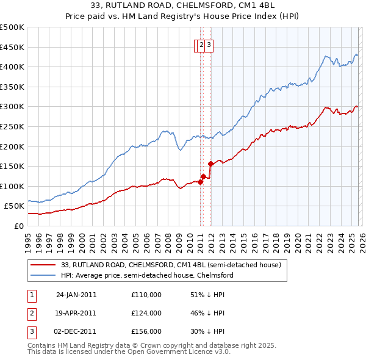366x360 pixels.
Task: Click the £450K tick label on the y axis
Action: (x=12, y=47)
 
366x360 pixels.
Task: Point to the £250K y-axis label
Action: (x=12, y=126)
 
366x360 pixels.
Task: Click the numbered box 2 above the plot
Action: (x=201, y=44)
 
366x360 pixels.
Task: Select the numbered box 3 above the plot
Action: (x=208, y=44)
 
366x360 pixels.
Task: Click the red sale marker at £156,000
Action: (x=210, y=164)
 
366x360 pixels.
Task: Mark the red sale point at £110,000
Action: (x=200, y=182)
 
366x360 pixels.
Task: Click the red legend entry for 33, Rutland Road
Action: (x=171, y=265)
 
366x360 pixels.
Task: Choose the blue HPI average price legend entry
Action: (x=147, y=276)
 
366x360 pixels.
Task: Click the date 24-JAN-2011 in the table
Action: (x=76, y=295)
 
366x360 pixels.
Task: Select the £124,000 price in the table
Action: (x=146, y=313)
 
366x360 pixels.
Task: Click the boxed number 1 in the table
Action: (x=31, y=295)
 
